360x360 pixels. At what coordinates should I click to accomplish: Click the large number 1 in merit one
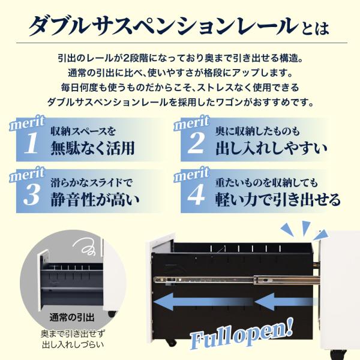pos(31,143)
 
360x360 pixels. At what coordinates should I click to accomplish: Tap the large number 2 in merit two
pos(196,143)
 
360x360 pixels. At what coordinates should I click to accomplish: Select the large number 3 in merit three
pos(32,194)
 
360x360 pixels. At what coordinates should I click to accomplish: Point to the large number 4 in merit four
pos(196,194)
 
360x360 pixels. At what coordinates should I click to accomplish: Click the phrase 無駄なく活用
pos(92,148)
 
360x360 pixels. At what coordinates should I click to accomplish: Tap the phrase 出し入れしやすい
pos(271,148)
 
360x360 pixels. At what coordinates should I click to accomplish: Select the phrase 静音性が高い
pos(95,199)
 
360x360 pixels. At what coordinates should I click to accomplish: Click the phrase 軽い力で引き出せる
pos(278,199)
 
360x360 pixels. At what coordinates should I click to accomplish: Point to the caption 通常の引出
pos(72,317)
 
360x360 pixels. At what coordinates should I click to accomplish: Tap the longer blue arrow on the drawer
pos(203,301)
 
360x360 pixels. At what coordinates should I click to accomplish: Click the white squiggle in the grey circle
pos(85,247)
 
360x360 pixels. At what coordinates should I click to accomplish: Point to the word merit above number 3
pos(27,175)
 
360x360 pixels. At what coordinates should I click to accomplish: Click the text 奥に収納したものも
pos(257,131)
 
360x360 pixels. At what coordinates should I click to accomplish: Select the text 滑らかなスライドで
pos(92,183)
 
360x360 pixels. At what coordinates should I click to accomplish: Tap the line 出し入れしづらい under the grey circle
pos(73,344)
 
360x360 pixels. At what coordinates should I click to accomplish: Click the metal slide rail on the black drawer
pos(236,280)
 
